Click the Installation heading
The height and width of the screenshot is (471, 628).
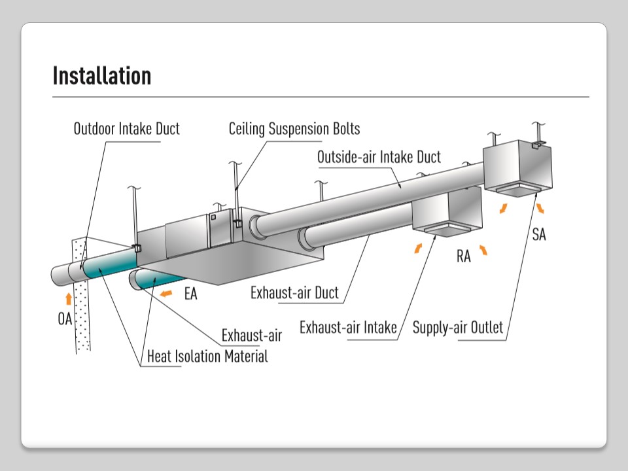click(x=101, y=76)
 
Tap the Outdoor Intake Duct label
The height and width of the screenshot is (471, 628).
click(x=126, y=129)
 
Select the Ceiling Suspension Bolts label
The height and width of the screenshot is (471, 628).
click(x=294, y=129)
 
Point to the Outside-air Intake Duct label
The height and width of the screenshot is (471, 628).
click(x=379, y=158)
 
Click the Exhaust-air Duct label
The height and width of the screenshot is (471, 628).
click(x=294, y=292)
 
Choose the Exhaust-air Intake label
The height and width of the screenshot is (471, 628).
click(x=348, y=327)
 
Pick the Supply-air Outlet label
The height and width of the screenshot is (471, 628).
click(x=458, y=327)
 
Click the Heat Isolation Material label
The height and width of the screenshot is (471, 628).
click(x=207, y=357)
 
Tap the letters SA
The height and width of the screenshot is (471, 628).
click(x=538, y=234)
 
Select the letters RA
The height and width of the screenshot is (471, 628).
click(x=463, y=256)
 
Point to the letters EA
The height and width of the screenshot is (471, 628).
click(x=190, y=294)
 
